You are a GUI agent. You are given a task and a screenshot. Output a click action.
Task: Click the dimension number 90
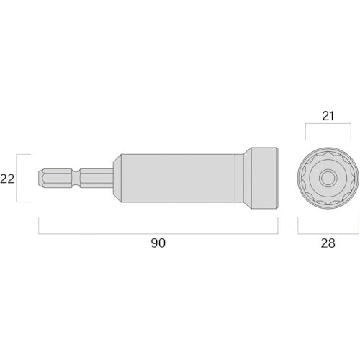click(158, 243)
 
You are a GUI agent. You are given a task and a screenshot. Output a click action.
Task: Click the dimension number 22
click(7, 179)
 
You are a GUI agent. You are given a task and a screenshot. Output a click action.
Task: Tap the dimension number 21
click(328, 116)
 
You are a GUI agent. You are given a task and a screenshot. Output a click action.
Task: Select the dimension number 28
click(328, 243)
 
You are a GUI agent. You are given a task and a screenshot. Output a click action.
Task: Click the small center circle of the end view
click(328, 178)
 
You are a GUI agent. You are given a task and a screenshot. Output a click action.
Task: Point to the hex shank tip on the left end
click(41, 178)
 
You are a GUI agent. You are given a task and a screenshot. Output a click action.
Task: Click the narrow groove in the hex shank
click(76, 178)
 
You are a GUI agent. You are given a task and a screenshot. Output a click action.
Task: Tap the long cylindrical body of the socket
click(178, 178)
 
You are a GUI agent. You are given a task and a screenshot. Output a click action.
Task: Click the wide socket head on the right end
click(264, 178)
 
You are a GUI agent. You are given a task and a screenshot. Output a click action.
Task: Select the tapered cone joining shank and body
click(117, 178)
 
